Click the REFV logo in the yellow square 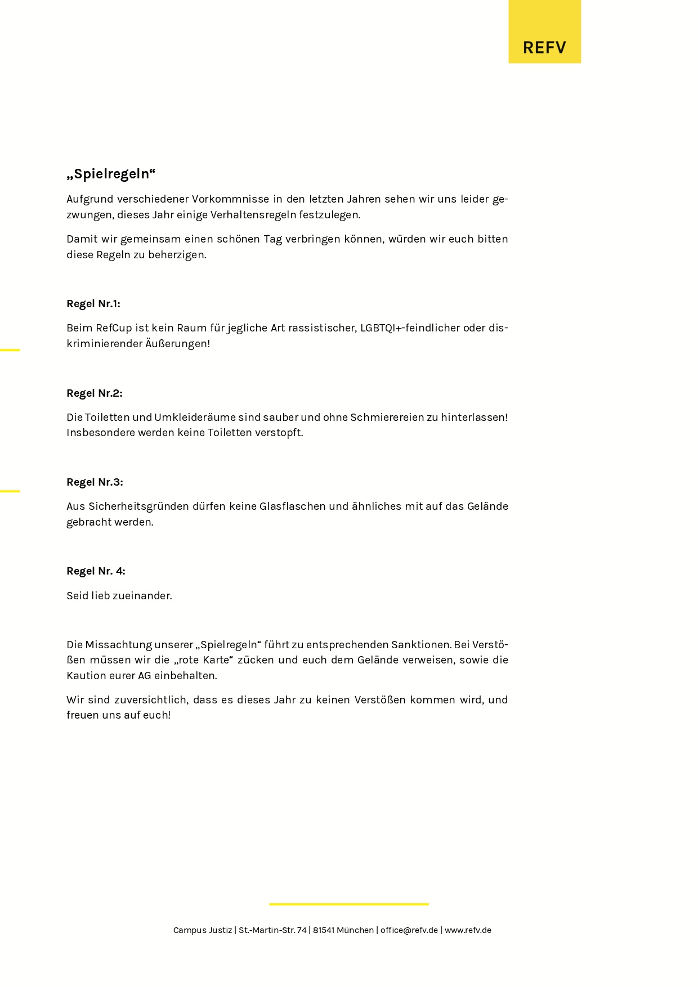544,47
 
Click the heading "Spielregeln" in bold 111,174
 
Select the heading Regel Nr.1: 93,304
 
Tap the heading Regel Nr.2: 95,393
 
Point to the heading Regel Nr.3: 95,482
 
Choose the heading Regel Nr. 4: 96,571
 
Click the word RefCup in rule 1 114,328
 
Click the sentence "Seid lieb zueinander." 119,596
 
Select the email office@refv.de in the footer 409,930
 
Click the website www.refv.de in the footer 468,930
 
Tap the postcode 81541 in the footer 324,930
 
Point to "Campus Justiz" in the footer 203,930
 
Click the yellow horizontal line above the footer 349,904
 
